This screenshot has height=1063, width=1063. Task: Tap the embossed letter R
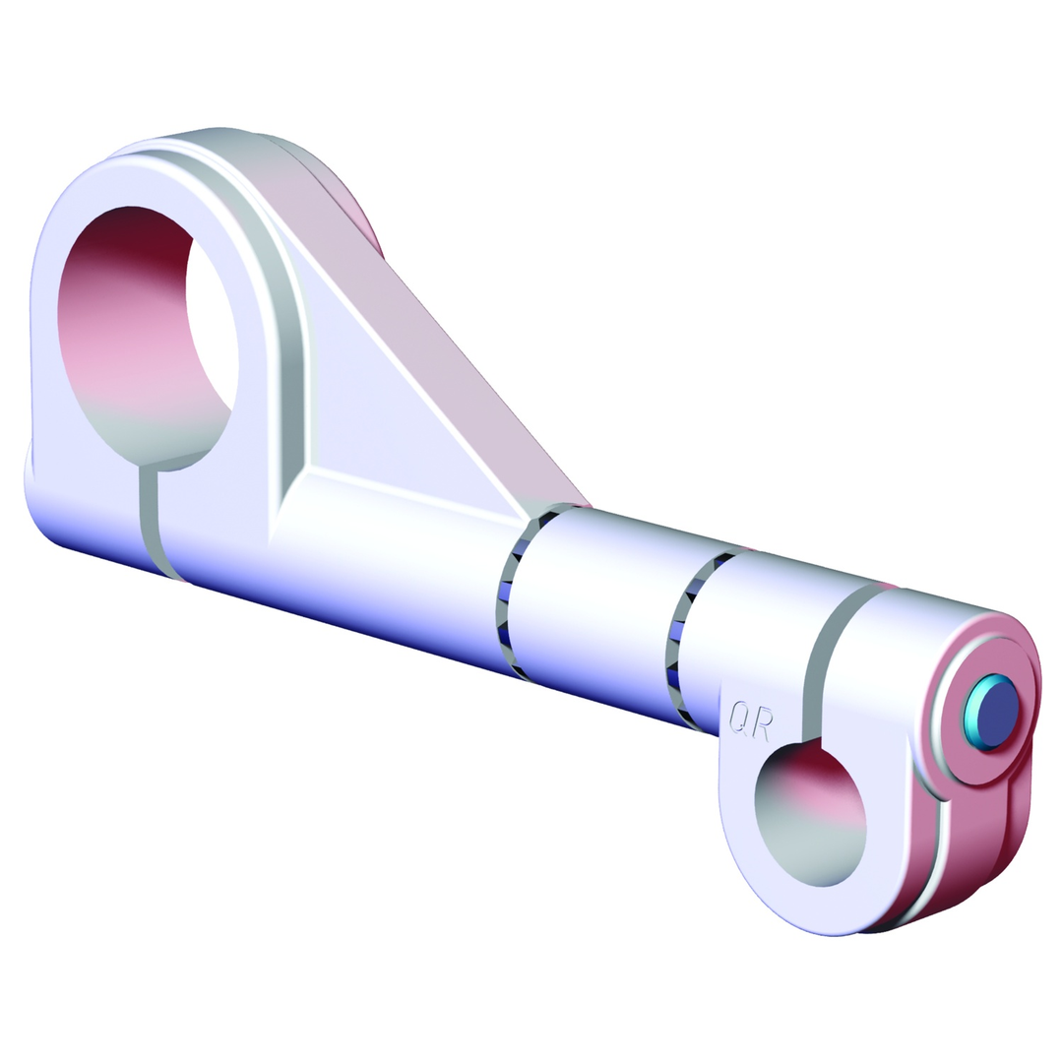761,720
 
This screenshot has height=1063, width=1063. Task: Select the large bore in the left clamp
148,335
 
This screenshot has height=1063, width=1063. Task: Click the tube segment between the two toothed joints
591,610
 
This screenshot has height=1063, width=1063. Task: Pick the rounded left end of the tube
44,502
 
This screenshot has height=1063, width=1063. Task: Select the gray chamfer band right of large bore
281,325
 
